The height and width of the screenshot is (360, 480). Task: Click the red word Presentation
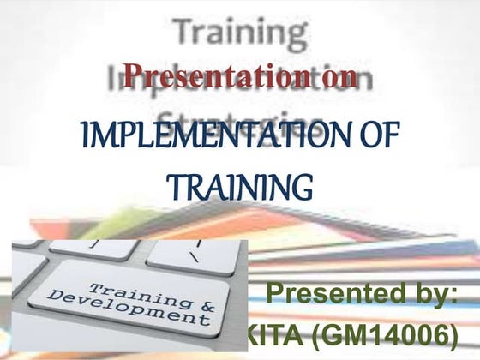pos(219,78)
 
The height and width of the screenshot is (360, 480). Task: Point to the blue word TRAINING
pos(237,183)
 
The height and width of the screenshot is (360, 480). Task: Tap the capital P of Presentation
pos(130,77)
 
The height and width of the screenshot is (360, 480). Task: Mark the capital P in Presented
pos(277,297)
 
